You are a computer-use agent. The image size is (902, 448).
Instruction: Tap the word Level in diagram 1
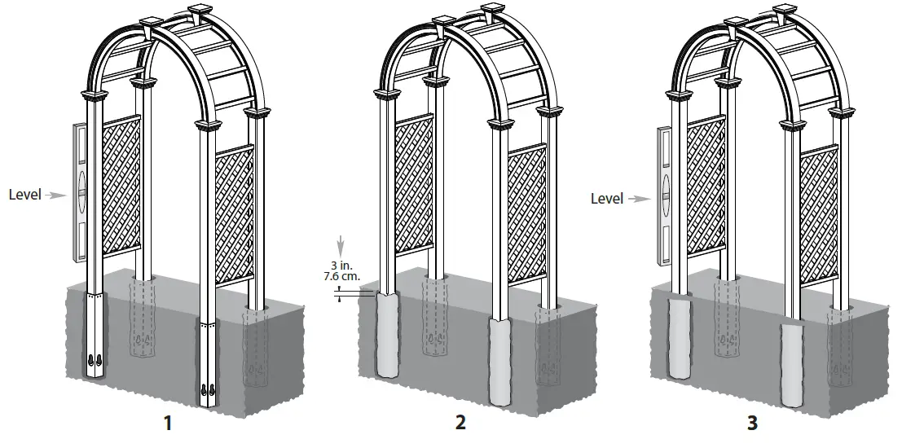24,195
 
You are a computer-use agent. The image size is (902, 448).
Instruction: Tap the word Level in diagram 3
607,198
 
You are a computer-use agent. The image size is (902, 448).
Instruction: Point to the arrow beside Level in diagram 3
640,198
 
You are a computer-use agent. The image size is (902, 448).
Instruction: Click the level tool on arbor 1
80,192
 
